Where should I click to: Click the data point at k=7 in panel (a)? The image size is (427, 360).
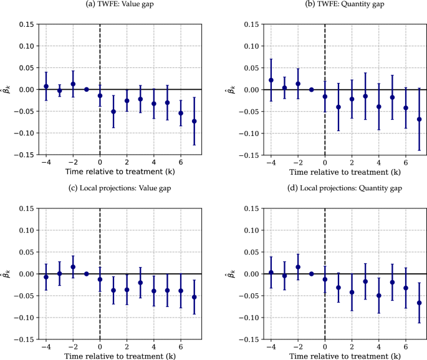[x=194, y=121]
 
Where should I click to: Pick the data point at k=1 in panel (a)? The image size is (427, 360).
[x=113, y=112]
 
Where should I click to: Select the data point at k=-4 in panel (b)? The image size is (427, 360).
[x=271, y=80]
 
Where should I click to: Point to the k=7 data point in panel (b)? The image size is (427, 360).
[x=420, y=119]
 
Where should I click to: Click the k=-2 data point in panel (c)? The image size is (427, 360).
[x=73, y=267]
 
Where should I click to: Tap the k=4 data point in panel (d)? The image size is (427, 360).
[x=379, y=296]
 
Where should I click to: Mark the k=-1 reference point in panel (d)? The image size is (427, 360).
[x=312, y=274]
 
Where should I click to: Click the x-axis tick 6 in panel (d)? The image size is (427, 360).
[x=406, y=348]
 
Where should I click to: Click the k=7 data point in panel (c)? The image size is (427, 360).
[x=194, y=297]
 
